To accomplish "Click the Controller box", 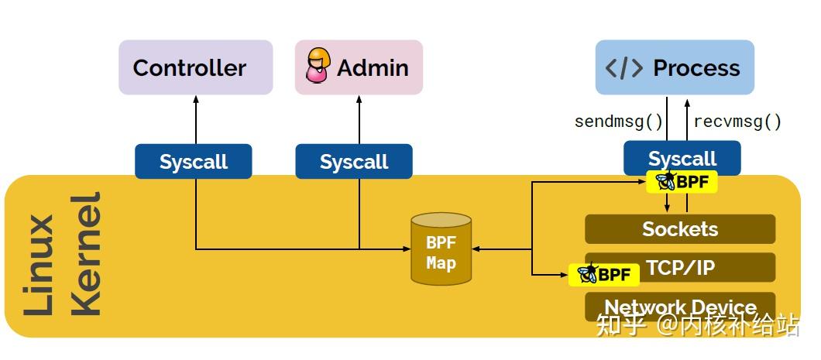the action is [196, 67].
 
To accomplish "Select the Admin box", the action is [359, 67].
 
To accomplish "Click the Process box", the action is [675, 67].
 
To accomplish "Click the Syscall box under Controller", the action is [194, 162].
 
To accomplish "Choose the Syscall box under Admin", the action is [354, 162].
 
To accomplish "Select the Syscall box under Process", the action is [682, 158].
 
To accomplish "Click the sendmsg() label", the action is [618, 122].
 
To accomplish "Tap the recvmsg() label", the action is [737, 122].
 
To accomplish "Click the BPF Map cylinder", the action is [441, 249].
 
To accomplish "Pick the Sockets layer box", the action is [680, 228].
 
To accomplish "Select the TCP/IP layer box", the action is [680, 267].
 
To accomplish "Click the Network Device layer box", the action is [680, 307].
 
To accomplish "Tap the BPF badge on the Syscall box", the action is [682, 182].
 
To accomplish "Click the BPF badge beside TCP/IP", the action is [603, 274].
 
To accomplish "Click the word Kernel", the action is [85, 255].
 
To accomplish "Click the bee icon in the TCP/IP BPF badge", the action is [587, 273].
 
